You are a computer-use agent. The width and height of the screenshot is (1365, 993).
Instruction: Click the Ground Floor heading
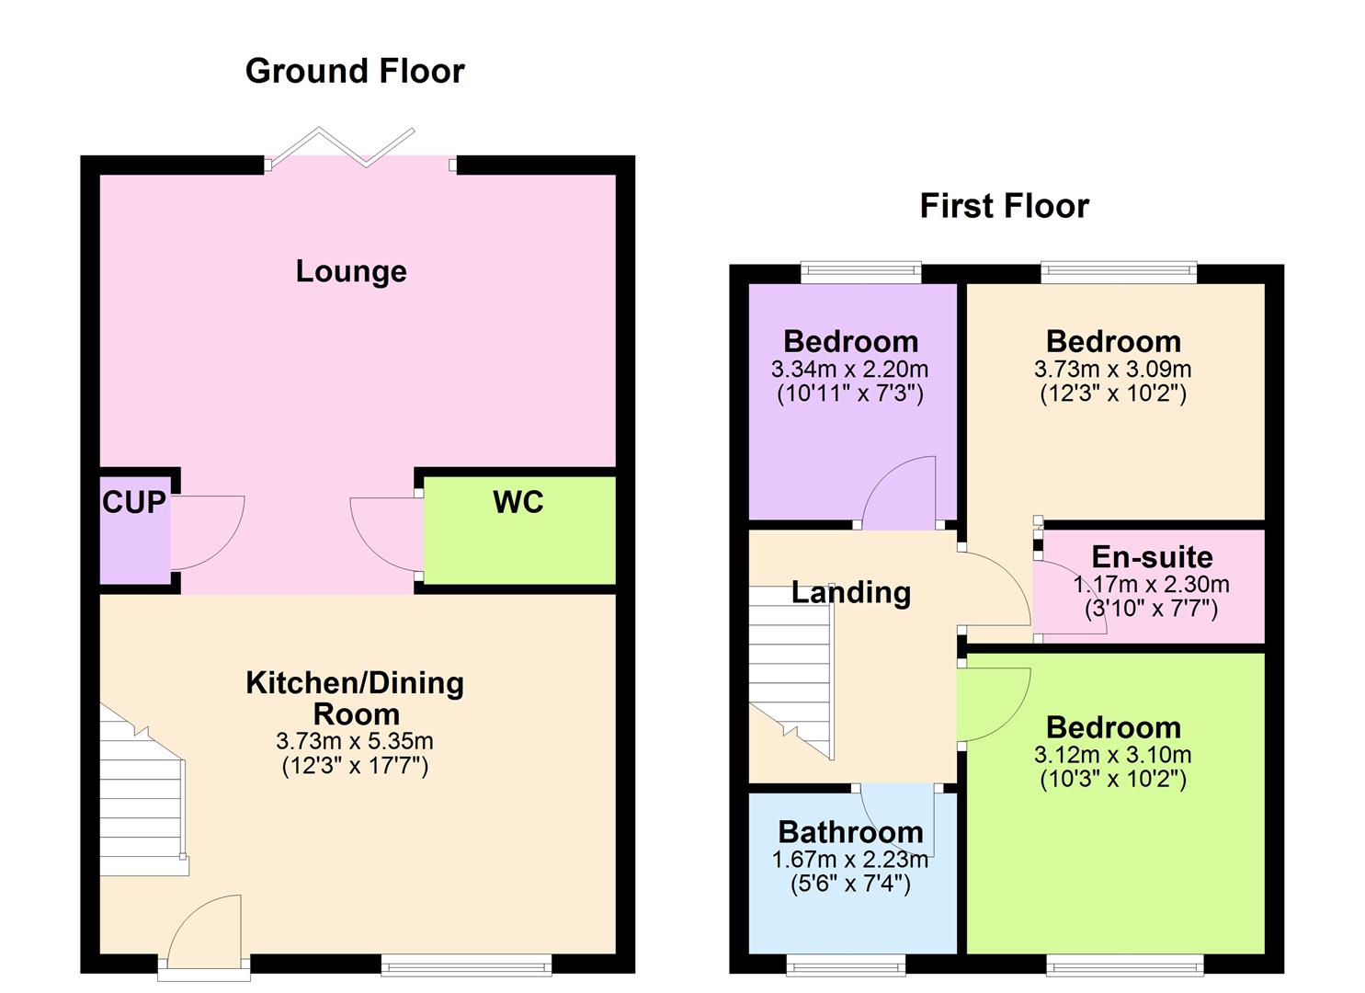pos(355,71)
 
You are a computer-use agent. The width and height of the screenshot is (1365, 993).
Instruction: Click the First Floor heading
pos(1004,205)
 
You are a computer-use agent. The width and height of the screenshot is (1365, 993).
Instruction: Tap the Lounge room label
pos(351,271)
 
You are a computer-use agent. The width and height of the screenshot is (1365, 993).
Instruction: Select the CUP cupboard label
pos(134,502)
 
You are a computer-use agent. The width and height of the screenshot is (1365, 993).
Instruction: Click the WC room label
pos(518,502)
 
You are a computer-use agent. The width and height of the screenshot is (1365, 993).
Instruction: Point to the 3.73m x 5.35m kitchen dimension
pos(355,741)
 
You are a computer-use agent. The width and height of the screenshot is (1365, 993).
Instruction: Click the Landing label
pos(851,593)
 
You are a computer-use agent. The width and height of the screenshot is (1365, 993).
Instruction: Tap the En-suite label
pos(1152,557)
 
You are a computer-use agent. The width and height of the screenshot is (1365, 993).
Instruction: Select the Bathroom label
pos(850,832)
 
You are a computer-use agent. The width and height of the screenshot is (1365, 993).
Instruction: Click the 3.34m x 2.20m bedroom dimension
pos(850,370)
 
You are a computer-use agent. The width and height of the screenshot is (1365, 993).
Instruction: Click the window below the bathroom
pos(847,964)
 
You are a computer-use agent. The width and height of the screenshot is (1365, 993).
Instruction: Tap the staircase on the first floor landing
pos(791,667)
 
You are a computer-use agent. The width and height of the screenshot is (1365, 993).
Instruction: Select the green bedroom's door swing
pos(993,702)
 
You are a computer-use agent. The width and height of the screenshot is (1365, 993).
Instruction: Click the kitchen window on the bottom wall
pos(466,964)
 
